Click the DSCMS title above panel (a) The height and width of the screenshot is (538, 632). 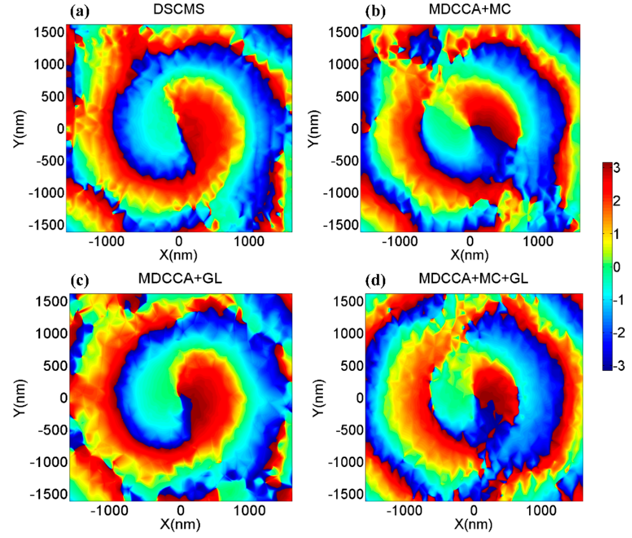(179, 9)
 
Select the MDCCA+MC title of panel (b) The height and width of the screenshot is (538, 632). (470, 9)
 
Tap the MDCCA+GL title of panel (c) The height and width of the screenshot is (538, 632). (180, 278)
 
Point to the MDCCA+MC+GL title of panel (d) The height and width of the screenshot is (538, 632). (473, 278)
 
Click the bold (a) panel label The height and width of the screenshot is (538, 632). (80, 12)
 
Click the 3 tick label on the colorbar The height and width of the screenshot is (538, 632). (616, 168)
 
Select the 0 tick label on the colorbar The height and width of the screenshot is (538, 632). (616, 267)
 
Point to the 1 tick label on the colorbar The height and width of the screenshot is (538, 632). (616, 234)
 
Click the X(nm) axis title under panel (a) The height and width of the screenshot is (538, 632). (178, 255)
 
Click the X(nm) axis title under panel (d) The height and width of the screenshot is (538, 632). (473, 524)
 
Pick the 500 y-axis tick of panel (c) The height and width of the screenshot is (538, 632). (55, 366)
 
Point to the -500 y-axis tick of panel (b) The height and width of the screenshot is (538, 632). (345, 161)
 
